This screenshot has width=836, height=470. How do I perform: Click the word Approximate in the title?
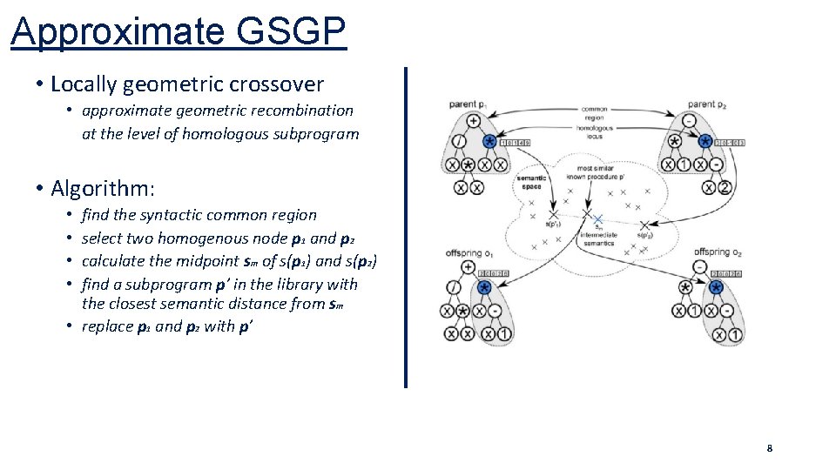(118, 32)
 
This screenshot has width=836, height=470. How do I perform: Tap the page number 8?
(769, 448)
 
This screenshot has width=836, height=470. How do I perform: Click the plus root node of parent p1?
(474, 121)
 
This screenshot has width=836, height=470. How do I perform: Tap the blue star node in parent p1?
(489, 142)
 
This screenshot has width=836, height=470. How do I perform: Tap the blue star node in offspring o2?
(717, 288)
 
